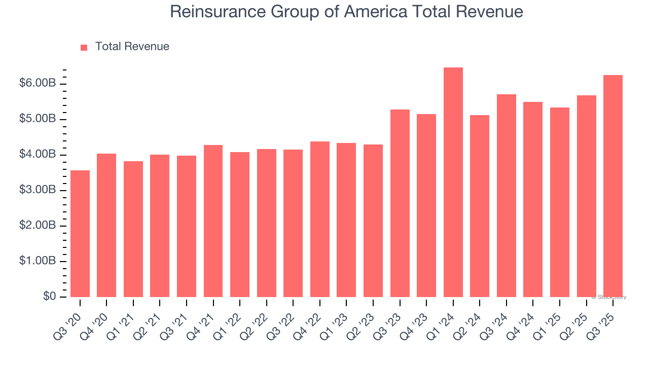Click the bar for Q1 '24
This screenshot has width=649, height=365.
tap(453, 182)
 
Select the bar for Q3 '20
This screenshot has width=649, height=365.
tap(80, 234)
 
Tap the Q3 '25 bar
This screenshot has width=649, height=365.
tap(613, 186)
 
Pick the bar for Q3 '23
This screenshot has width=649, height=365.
tap(400, 203)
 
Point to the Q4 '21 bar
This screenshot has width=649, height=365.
tap(213, 221)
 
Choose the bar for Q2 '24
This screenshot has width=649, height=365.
tap(480, 206)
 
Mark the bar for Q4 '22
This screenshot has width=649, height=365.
tap(320, 219)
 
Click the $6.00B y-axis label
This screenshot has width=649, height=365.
tap(38, 83)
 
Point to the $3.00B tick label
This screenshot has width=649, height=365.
tap(38, 190)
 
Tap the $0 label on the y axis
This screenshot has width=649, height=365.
tap(49, 296)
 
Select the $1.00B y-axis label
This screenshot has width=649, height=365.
tap(38, 261)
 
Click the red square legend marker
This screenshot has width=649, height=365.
tap(84, 47)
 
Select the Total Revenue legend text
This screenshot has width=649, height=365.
tap(132, 47)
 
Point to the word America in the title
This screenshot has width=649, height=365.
tap(375, 11)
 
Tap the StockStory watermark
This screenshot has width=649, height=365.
tap(609, 297)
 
